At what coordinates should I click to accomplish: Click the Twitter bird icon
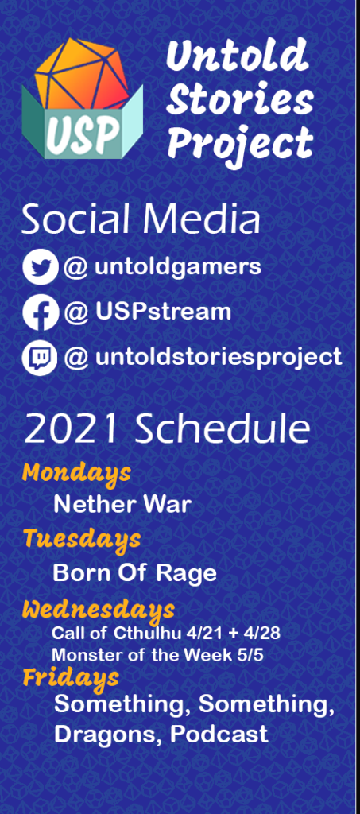click(40, 268)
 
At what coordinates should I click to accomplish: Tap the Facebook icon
click(40, 312)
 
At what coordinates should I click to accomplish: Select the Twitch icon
click(40, 358)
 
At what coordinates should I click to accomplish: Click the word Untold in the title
click(236, 57)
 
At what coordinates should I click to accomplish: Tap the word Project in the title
click(240, 144)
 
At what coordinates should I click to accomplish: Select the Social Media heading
click(140, 220)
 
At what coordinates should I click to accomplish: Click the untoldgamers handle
click(177, 267)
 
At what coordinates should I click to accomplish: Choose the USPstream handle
click(163, 312)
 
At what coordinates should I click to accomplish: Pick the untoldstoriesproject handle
click(218, 358)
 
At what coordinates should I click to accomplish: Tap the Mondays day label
click(76, 472)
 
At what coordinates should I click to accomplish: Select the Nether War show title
click(122, 504)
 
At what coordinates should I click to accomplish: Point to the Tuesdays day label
click(82, 539)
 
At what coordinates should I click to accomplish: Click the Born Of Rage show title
click(134, 572)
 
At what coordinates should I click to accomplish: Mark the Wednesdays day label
click(98, 610)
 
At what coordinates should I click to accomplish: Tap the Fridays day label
click(71, 677)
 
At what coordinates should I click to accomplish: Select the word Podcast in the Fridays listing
click(219, 734)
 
